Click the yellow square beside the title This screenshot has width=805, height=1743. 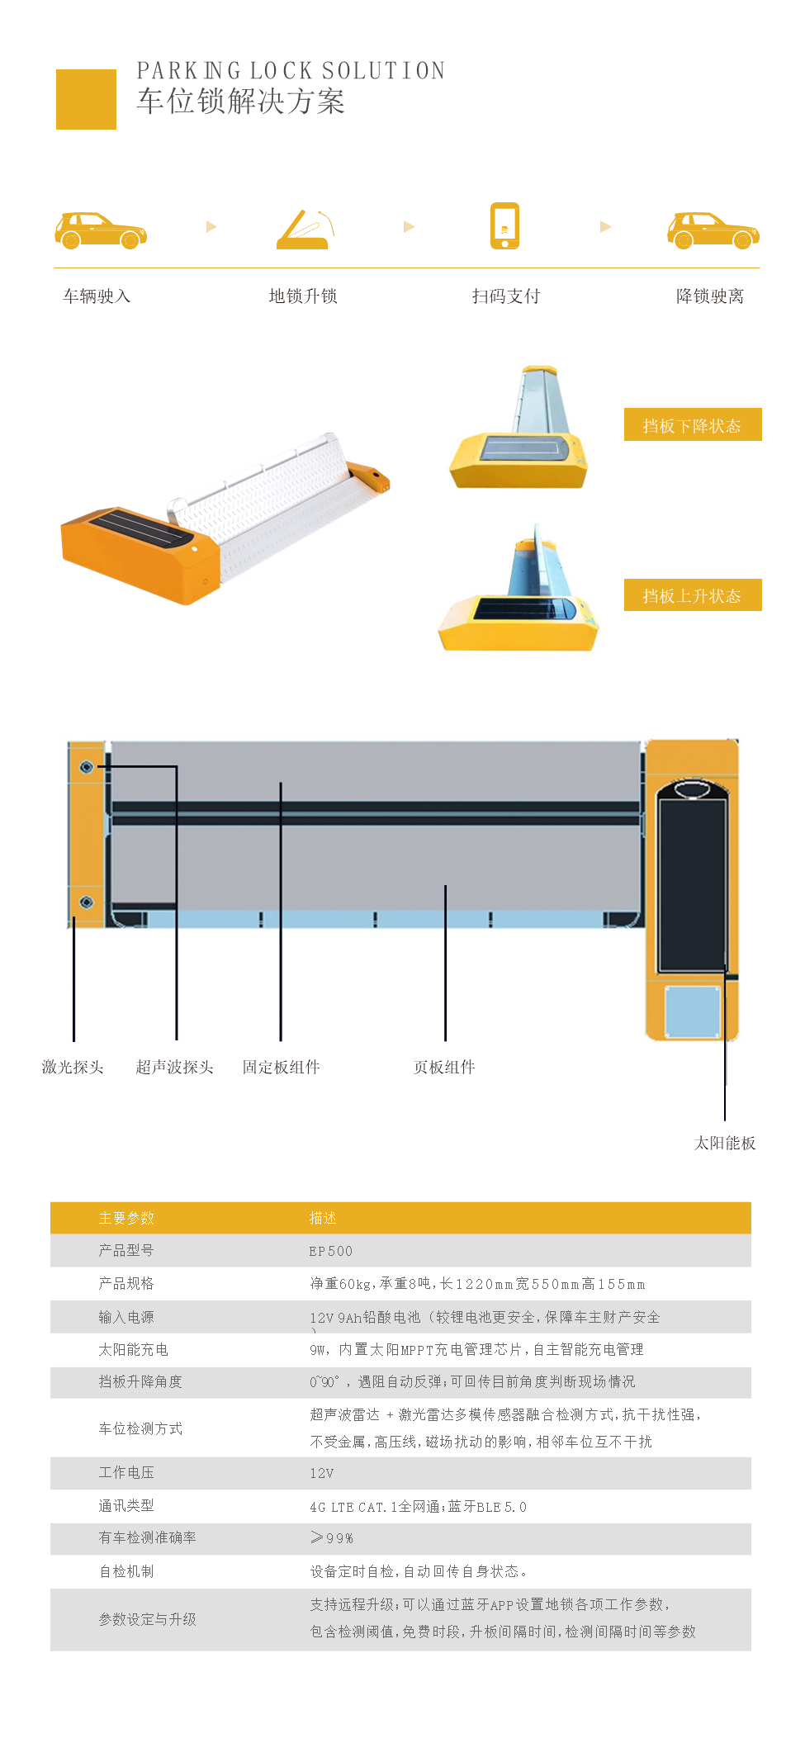pos(86,99)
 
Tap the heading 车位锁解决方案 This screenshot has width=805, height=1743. pos(240,101)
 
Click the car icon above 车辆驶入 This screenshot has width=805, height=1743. pos(101,230)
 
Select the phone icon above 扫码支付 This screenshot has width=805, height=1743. pos(504,225)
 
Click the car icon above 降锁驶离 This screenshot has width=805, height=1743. pos(713,230)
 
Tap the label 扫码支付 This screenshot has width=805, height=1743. pos(506,296)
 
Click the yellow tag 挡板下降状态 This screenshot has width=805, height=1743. pos(693,424)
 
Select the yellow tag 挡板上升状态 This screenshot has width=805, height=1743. pos(693,594)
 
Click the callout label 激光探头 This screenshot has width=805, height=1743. pos(73,1067)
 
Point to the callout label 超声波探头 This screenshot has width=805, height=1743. pos(175,1067)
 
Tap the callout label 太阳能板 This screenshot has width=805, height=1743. pos(725,1143)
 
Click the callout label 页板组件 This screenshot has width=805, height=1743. pos(444,1067)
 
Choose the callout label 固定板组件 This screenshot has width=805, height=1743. pos(281,1067)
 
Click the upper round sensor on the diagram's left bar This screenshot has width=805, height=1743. pos(87,767)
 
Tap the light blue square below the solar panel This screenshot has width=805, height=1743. pos(692,1011)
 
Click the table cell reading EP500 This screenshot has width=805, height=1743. pos(331,1251)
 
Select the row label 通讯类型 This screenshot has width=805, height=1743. pos(126,1505)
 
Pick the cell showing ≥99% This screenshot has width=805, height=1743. pos(332,1537)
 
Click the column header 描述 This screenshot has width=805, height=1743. pos(323,1218)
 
